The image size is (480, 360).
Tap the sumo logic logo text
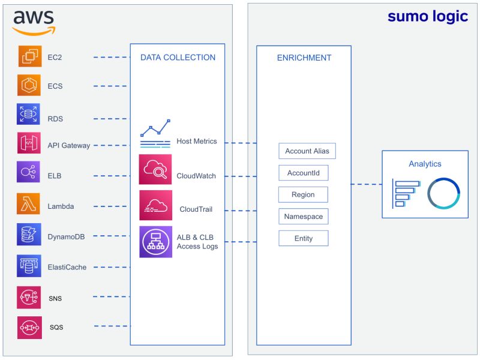[427, 16]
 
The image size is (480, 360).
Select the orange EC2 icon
[29, 57]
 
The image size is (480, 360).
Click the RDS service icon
[29, 114]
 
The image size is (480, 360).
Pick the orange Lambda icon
[29, 205]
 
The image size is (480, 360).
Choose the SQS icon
[29, 327]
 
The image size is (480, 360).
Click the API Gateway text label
[68, 145]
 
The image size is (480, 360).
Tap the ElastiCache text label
[67, 267]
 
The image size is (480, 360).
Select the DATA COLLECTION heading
[178, 58]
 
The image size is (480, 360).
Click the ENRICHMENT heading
[304, 58]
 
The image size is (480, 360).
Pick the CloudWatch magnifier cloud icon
[155, 169]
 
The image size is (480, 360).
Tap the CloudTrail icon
[155, 205]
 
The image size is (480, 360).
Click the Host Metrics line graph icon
[155, 134]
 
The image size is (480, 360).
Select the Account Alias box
[307, 151]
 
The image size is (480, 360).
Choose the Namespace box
[303, 217]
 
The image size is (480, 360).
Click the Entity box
[303, 238]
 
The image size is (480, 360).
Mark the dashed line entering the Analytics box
[366, 184]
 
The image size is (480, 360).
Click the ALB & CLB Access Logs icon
[155, 242]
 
